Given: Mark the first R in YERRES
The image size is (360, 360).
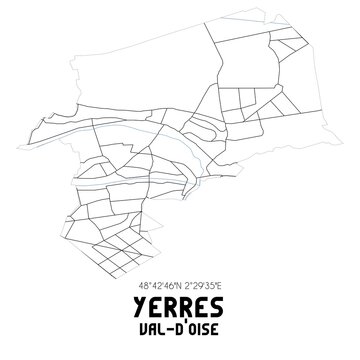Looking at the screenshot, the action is pyautogui.click(x=171, y=307).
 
